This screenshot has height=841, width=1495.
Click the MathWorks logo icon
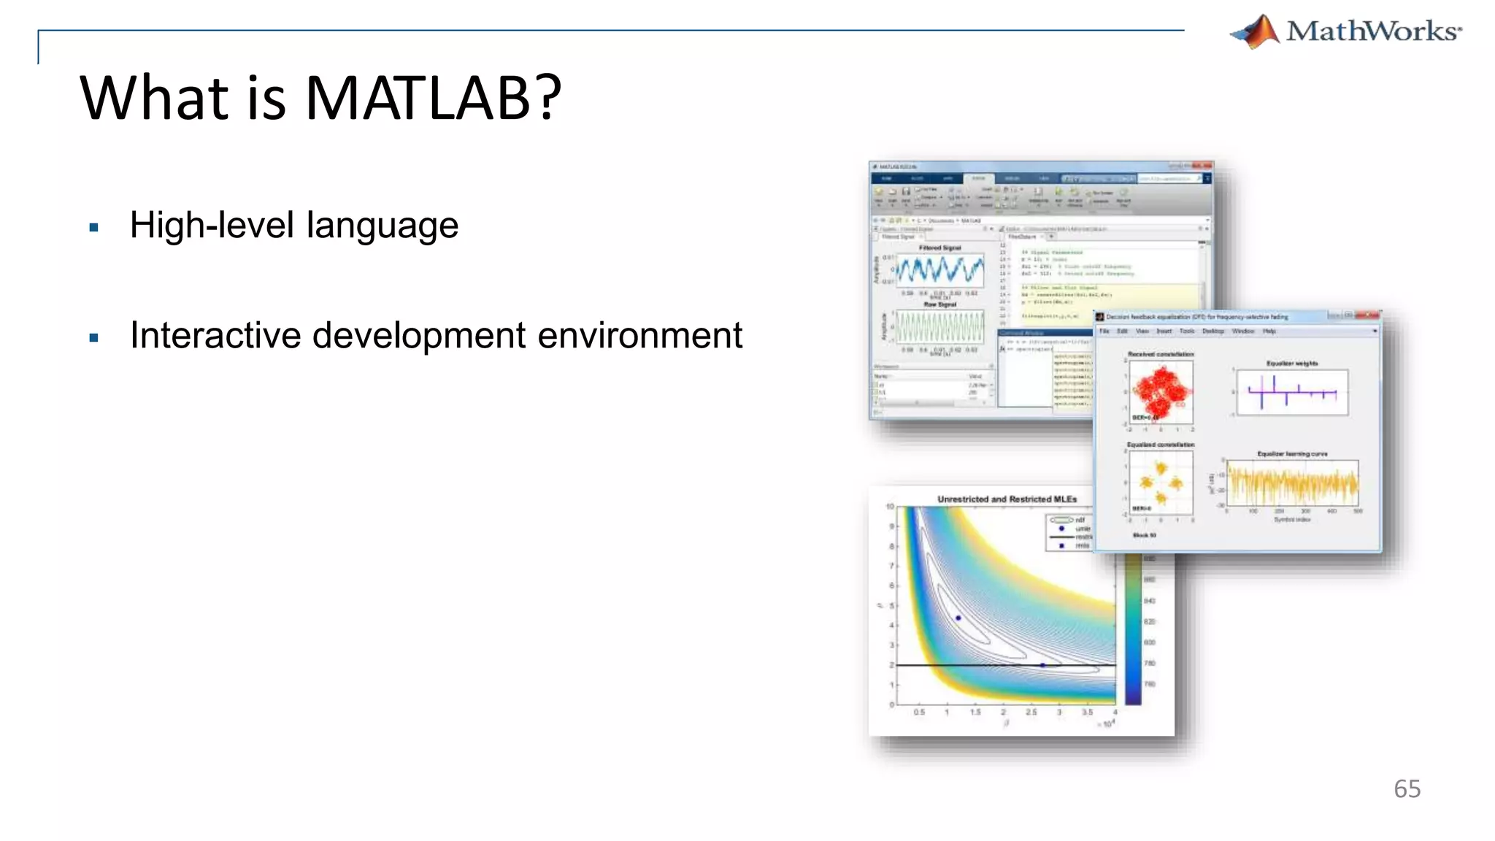tap(1256, 31)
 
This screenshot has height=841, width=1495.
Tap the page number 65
tap(1407, 789)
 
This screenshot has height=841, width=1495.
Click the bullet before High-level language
tap(93, 228)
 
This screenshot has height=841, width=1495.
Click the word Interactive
tap(215, 336)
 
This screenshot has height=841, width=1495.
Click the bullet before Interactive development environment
tap(93, 338)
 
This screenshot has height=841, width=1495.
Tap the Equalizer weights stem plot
tap(1291, 393)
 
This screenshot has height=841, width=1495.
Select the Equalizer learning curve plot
tap(1292, 483)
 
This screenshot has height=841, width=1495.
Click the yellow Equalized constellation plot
tap(1161, 483)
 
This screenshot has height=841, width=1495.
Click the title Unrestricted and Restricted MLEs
tap(1007, 499)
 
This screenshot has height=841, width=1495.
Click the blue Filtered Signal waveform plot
tap(939, 271)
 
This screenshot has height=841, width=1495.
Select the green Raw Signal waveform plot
tap(939, 326)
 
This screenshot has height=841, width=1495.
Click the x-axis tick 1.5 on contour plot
tap(975, 712)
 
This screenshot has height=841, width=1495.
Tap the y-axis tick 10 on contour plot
tap(890, 507)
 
